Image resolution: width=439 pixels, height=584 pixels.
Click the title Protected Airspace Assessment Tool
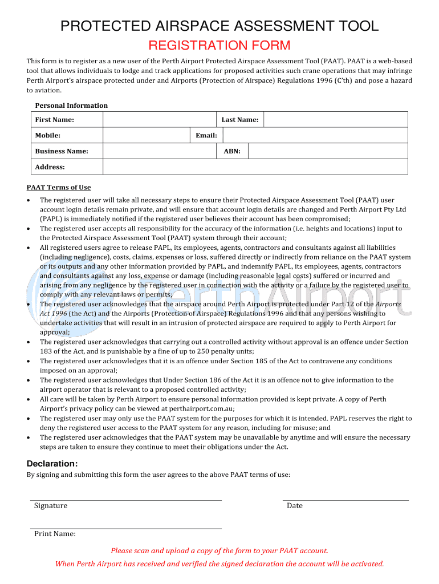point(219,26)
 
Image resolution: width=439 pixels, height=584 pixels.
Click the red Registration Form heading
point(219,46)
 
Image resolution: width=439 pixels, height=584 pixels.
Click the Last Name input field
point(335,119)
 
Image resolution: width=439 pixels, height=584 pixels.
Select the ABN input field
point(328,151)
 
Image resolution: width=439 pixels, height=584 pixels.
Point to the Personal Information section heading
point(71,106)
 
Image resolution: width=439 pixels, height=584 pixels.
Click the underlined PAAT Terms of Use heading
point(59,187)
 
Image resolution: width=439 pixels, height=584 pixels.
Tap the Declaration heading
point(52,464)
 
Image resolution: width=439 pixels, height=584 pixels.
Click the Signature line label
point(51,505)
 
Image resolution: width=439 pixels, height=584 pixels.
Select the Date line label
point(295,505)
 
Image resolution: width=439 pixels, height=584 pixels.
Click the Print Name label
point(55,534)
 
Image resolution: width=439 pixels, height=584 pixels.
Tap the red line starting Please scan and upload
point(219,550)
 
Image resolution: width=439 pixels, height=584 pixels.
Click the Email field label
point(206,135)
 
